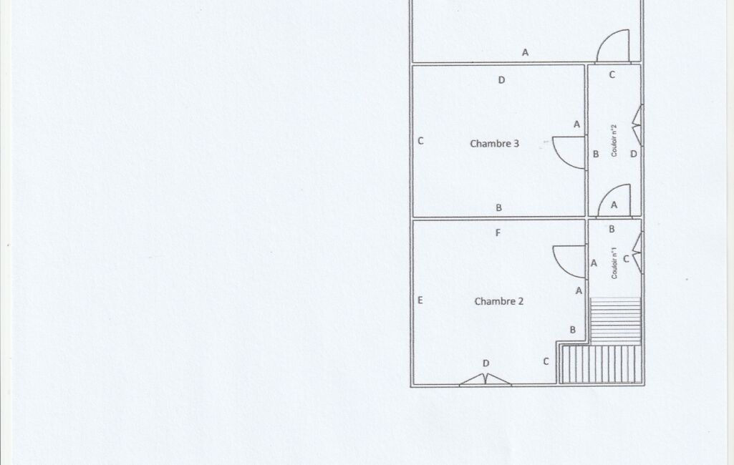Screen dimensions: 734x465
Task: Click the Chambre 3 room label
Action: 494,144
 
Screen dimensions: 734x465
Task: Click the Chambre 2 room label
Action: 499,301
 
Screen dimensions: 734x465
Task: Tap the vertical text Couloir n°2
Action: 614,140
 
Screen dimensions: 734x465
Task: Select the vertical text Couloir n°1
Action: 614,263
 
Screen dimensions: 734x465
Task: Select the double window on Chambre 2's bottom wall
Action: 486,379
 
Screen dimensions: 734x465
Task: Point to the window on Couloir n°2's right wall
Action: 638,125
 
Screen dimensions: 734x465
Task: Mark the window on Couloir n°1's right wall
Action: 638,253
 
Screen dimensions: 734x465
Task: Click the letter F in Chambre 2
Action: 498,232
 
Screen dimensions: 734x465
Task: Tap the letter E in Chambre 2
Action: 420,300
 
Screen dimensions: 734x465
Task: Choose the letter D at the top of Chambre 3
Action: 501,80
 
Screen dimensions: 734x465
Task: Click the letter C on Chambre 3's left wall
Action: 420,140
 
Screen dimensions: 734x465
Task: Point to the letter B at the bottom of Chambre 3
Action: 498,207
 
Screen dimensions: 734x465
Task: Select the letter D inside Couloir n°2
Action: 633,153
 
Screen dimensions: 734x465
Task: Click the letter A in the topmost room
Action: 525,52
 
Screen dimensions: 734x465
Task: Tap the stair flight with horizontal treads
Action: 615,321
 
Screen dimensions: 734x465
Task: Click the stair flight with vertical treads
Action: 601,364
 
